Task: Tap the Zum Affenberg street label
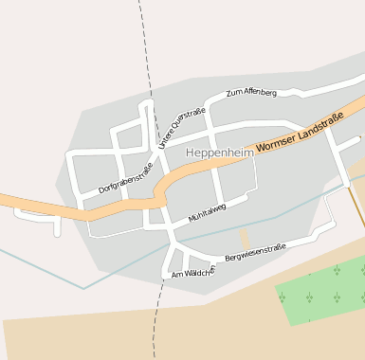[251, 93]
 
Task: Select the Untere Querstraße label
[182, 127]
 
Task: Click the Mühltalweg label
[207, 212]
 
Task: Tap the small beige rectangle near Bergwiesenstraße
[244, 238]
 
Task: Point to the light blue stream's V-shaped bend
[83, 287]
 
